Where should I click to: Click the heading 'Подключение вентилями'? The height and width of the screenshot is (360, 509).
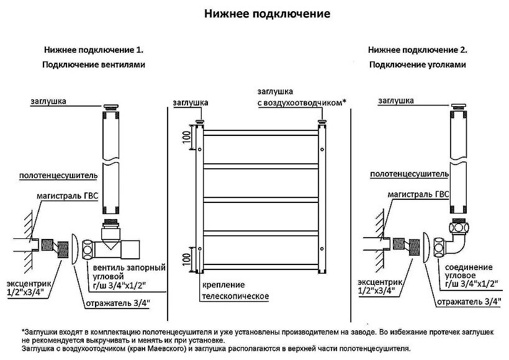tap(94, 65)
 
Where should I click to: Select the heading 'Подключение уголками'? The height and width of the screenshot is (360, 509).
tap(417, 65)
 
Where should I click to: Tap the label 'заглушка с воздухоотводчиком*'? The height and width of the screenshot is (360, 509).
tap(301, 97)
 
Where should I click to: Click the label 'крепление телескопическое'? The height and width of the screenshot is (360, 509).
tap(234, 290)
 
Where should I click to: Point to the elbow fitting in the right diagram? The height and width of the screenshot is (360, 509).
tap(456, 236)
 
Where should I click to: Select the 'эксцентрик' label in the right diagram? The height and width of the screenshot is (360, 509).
tap(378, 282)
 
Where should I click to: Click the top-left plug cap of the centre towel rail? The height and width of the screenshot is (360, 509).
tap(200, 120)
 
